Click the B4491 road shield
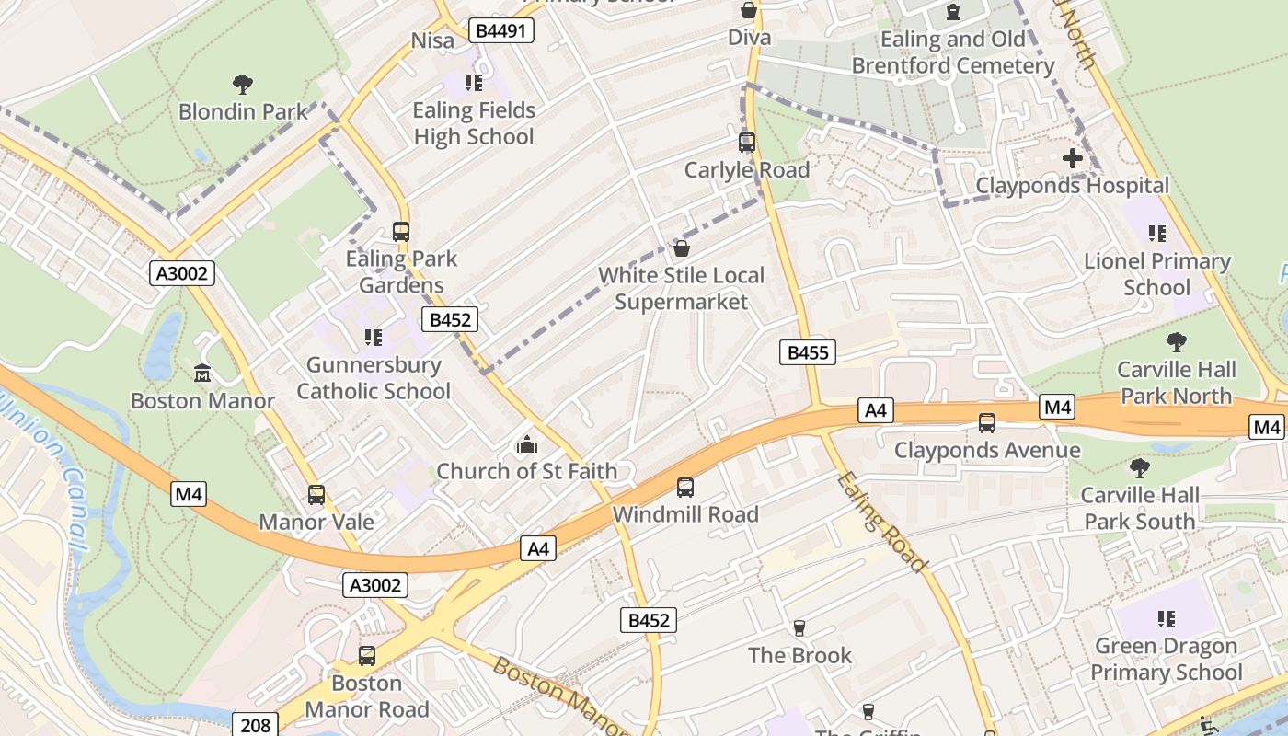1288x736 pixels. tap(500, 30)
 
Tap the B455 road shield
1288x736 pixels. tap(808, 351)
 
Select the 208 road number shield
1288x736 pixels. tap(255, 725)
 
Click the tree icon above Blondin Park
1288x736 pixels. tap(243, 86)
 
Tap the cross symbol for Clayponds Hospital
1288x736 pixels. tap(1072, 158)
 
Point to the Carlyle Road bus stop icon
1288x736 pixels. tap(746, 143)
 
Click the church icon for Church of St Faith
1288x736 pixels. tap(526, 445)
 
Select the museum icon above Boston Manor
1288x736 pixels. tap(202, 374)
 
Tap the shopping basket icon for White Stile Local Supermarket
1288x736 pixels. tap(682, 248)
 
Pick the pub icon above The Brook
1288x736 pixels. tap(799, 628)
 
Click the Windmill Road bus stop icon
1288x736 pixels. tap(685, 488)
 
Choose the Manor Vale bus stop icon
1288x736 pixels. tap(316, 495)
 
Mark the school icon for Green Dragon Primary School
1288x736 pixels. tap(1166, 619)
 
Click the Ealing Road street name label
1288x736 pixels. tap(882, 522)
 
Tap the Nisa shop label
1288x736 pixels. tap(432, 40)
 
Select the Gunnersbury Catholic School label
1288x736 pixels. tap(374, 378)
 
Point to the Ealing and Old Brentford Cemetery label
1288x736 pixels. tap(952, 52)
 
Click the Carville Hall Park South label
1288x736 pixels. tap(1140, 508)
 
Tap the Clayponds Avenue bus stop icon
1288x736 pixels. tap(987, 423)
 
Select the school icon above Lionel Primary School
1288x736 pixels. tap(1156, 234)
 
